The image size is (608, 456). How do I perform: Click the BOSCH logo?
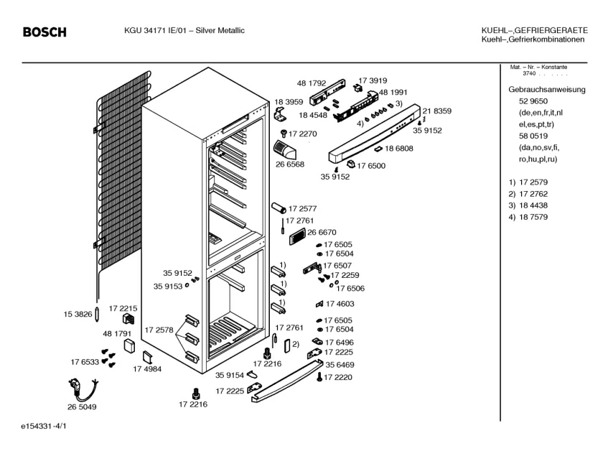point(45,32)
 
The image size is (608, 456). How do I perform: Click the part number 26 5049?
point(82,407)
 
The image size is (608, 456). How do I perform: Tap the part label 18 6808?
point(398,148)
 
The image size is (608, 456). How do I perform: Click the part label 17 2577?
point(302,208)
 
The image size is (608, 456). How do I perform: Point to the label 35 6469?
point(340,365)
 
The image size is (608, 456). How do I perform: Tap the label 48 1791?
point(117,334)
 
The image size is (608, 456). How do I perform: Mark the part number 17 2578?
point(159,330)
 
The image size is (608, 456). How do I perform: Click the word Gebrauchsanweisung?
point(547,90)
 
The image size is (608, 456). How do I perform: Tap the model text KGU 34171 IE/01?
point(153,30)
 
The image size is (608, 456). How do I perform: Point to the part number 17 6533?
point(85,361)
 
